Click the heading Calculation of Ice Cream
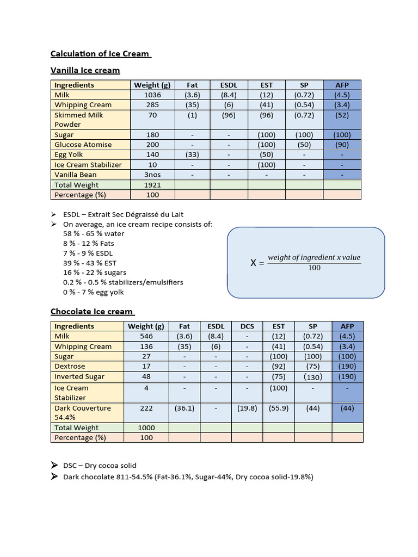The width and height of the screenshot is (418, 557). (100, 53)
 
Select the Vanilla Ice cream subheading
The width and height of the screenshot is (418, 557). (85, 70)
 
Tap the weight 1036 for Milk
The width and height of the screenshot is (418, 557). (152, 95)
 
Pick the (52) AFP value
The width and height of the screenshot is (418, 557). (342, 115)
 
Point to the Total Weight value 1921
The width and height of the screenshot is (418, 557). (152, 185)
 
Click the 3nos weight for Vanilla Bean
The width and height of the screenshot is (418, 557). (152, 175)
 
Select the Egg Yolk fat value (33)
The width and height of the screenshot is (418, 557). (192, 154)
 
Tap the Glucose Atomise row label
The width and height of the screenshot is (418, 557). (83, 145)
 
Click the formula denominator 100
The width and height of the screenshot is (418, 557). (315, 268)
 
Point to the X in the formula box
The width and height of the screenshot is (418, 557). (253, 263)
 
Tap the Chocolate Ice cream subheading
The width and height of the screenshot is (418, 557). (91, 312)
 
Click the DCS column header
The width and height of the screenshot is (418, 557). (247, 326)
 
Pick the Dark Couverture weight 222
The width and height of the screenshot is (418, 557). (146, 408)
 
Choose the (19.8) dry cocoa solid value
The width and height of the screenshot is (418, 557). (247, 408)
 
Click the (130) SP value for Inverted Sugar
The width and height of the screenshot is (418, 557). (313, 376)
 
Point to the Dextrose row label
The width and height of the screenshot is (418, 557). (70, 367)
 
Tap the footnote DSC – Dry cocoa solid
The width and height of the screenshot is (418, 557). (100, 466)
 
